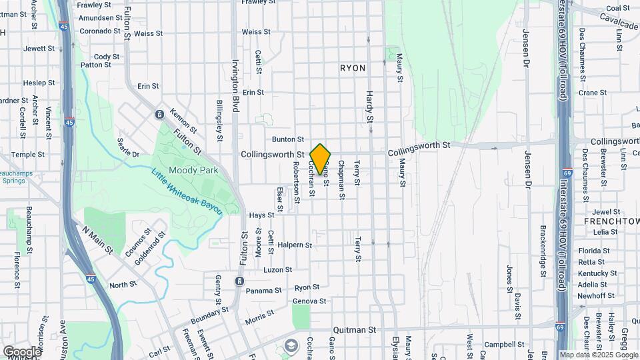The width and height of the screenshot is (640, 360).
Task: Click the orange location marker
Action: coord(321,159)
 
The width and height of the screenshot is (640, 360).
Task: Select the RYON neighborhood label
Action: coord(353,68)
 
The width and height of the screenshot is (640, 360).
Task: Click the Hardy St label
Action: coord(369,107)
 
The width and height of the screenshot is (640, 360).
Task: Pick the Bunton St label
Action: coord(288,139)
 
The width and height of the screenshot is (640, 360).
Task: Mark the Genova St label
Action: coord(310,301)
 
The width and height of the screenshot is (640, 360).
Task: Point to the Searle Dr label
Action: coord(128,149)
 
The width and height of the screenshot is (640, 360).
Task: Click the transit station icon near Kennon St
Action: coord(159,114)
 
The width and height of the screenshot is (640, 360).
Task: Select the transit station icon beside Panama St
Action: coord(239,282)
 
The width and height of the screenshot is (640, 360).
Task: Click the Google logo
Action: coord(22,351)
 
